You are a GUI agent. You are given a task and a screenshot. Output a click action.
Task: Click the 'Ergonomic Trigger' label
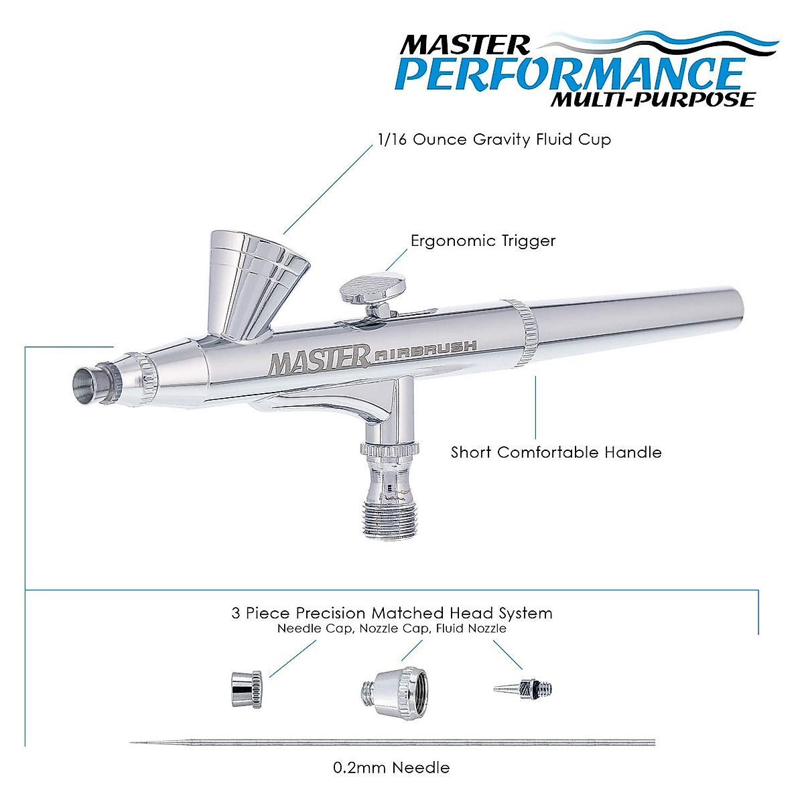[x=483, y=241]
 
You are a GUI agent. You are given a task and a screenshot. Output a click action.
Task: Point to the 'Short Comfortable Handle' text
[x=556, y=452]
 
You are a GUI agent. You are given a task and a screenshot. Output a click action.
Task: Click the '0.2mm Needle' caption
[x=392, y=767]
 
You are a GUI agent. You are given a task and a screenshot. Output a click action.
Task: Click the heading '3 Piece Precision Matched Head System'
[x=392, y=613]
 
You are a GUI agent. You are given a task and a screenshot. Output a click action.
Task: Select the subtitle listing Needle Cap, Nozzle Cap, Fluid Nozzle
[x=392, y=629]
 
